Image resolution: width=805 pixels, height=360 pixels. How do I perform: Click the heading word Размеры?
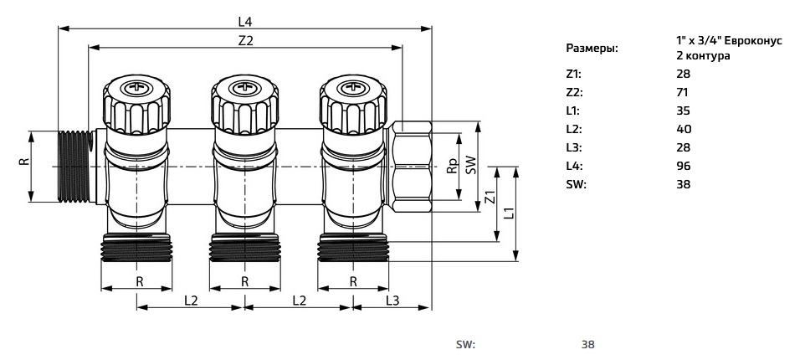pos(592,49)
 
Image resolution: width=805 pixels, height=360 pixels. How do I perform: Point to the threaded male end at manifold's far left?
pos(75,165)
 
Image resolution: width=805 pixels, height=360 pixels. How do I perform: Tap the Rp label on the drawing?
pos(453,167)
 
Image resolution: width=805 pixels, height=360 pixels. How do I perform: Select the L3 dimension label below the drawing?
pos(392,300)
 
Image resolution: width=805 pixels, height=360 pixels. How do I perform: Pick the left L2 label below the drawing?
pos(190,300)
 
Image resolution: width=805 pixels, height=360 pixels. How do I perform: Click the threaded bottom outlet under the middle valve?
pos(244,248)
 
